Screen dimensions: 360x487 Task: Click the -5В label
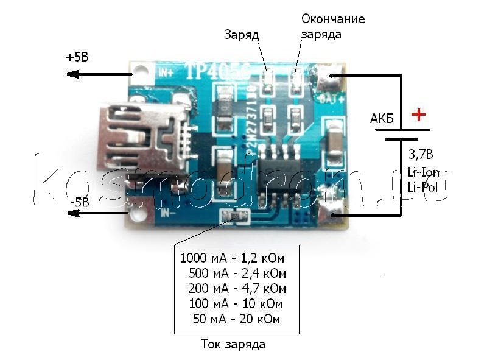pyautogui.click(x=80, y=202)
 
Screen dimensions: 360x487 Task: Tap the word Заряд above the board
pyautogui.click(x=242, y=35)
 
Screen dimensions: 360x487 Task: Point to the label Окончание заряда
pyautogui.click(x=333, y=26)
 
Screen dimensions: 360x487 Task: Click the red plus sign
pyautogui.click(x=418, y=114)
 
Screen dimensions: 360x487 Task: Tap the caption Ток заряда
pyautogui.click(x=233, y=345)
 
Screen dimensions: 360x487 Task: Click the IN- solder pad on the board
pyautogui.click(x=139, y=213)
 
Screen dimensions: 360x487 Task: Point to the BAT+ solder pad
pyautogui.click(x=332, y=77)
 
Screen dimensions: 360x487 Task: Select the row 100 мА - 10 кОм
pyautogui.click(x=236, y=304)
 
